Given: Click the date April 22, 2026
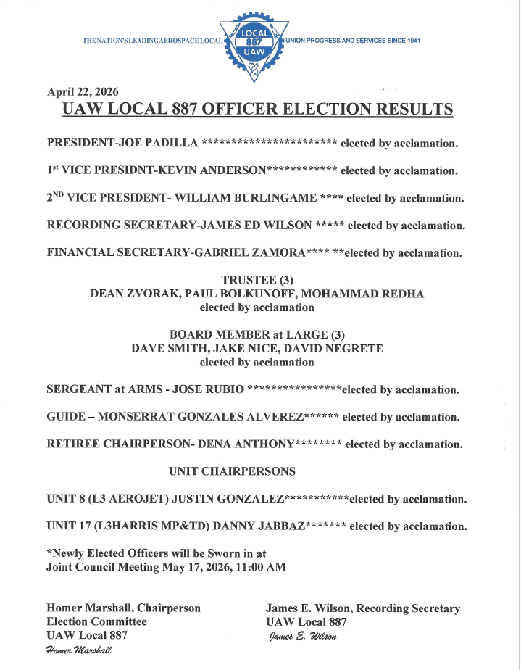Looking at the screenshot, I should pyautogui.click(x=83, y=91).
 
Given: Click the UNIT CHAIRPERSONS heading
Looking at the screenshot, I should pyautogui.click(x=232, y=471).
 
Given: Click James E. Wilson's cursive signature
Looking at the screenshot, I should pyautogui.click(x=302, y=636).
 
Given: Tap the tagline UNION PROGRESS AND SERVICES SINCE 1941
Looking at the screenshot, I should pyautogui.click(x=354, y=41).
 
